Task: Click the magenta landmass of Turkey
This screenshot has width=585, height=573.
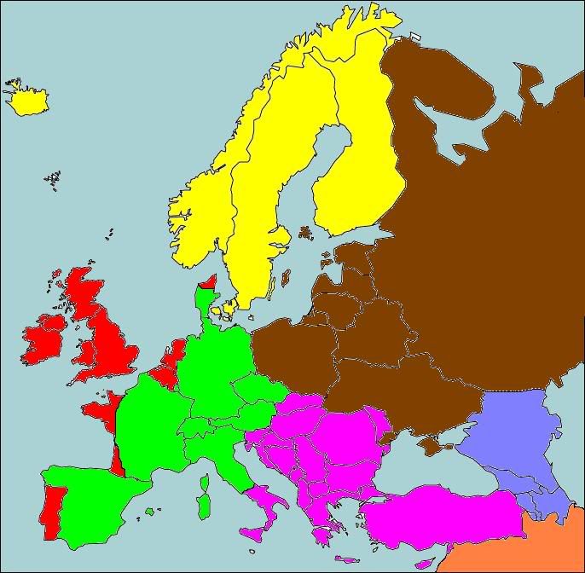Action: [443, 516]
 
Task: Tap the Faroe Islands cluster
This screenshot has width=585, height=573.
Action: [54, 178]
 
